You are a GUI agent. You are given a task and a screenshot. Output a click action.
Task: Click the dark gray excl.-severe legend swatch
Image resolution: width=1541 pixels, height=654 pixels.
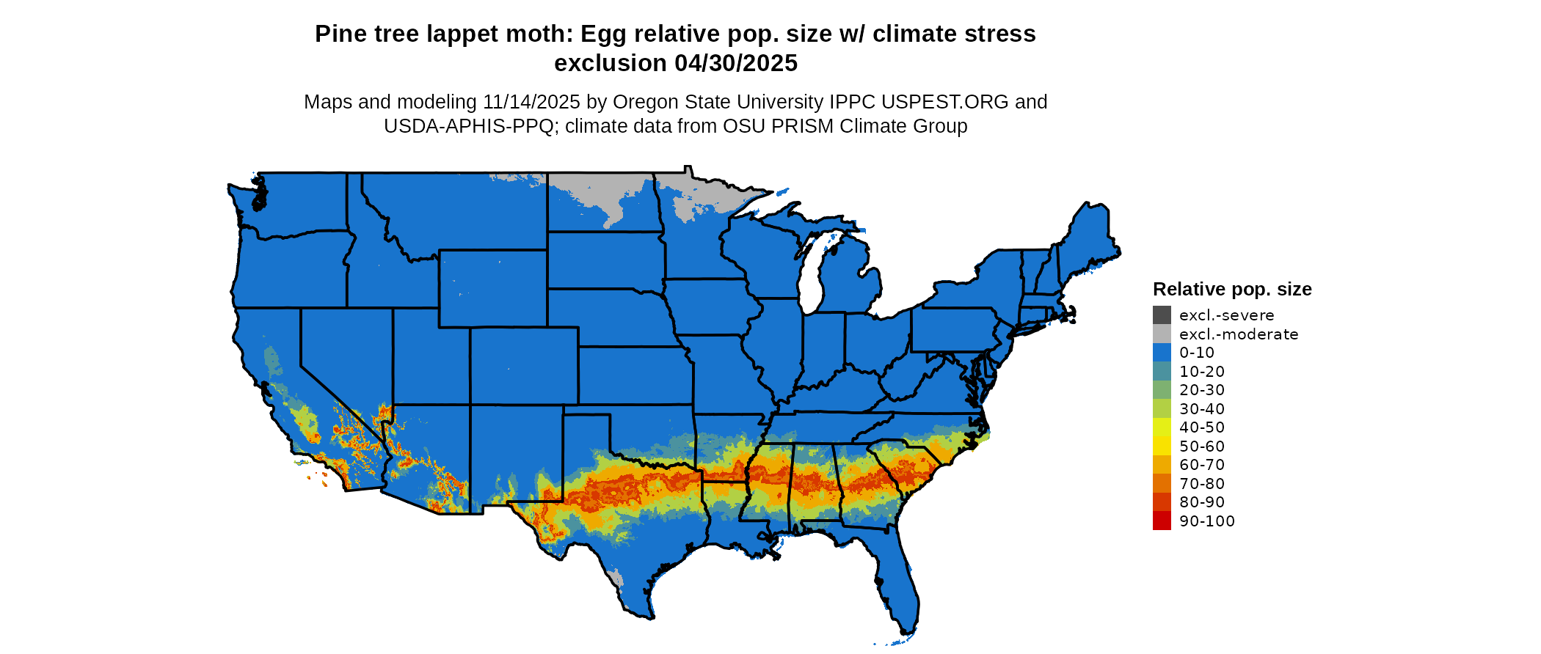point(1162,315)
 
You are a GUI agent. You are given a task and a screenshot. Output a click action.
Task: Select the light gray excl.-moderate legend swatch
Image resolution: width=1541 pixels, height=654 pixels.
point(1162,334)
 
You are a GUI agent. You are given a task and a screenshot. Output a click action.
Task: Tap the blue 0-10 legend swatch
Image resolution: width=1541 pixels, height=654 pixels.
point(1162,353)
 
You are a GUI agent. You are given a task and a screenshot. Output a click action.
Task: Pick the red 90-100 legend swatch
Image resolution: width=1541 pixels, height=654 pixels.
point(1162,521)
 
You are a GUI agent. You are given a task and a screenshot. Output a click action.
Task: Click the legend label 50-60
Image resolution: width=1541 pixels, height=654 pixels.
point(1202,447)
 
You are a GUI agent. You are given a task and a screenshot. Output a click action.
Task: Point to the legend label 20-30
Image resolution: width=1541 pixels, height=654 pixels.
point(1202,390)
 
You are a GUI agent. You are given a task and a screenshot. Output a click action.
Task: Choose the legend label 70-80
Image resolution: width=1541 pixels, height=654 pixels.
point(1202,484)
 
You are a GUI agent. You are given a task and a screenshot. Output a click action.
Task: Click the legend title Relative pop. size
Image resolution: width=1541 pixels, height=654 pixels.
point(1232,289)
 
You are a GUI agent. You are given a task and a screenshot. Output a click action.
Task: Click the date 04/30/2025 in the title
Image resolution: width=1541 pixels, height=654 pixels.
point(735,63)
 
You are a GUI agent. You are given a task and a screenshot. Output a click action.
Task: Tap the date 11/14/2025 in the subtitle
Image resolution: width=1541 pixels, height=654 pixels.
point(531,102)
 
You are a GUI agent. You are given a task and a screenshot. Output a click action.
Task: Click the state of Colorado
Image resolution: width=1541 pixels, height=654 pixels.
point(524,365)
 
